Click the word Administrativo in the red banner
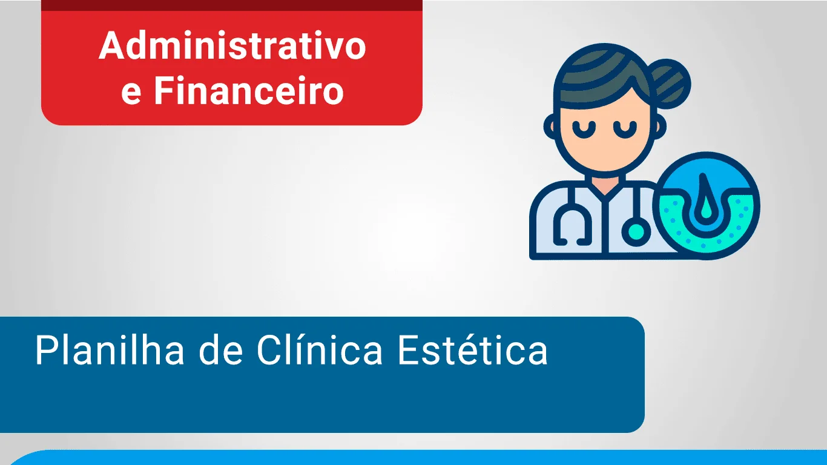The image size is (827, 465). [232, 45]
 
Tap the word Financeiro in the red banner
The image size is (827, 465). [249, 90]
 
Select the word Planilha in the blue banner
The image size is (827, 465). [110, 350]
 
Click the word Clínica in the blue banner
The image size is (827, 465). [320, 350]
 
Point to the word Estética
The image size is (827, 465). [473, 350]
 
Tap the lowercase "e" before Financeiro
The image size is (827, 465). [131, 94]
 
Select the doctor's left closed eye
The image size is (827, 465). [584, 130]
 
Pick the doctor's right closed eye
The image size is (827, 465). [625, 130]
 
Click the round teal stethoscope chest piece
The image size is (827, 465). [636, 231]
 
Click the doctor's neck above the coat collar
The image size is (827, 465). [605, 183]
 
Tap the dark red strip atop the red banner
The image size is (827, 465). [232, 5]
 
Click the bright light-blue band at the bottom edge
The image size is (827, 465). [417, 458]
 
